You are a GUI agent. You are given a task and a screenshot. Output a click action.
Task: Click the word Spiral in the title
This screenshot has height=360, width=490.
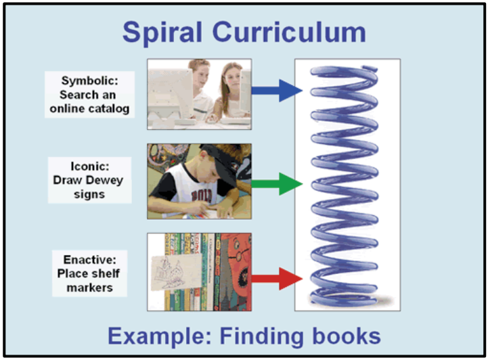click(x=167, y=32)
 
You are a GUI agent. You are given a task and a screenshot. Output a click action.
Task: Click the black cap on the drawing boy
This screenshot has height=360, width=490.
click(x=216, y=156)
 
